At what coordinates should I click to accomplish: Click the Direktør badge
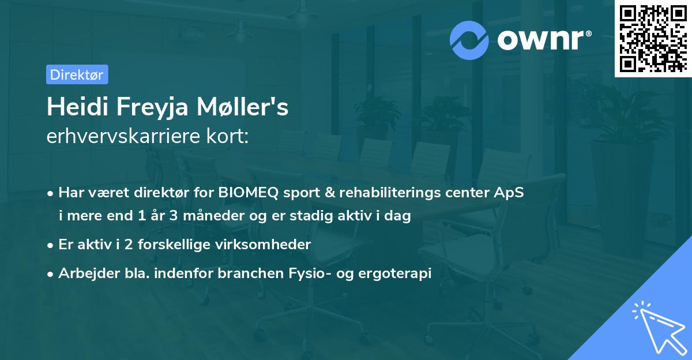coord(77,74)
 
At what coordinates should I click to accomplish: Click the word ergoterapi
coord(403,273)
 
